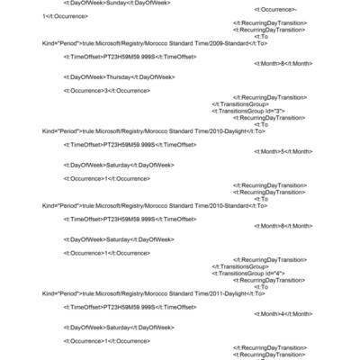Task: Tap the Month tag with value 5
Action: point(283,151)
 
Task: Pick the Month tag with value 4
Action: point(283,313)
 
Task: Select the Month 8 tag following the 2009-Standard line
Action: point(283,63)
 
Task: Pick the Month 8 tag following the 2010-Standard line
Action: point(283,226)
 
